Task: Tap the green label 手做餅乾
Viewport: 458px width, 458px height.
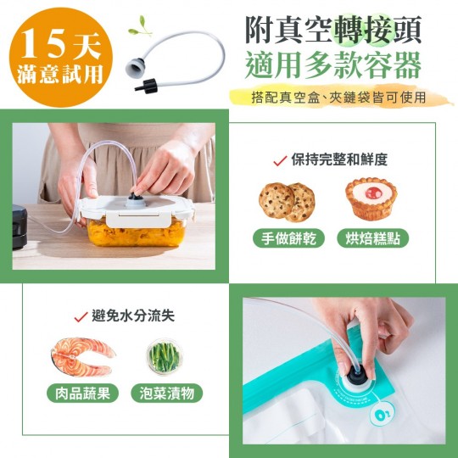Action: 288,238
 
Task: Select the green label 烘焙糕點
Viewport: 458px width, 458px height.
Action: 372,238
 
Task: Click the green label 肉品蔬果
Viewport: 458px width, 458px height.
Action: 82,393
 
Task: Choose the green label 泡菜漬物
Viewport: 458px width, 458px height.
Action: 167,393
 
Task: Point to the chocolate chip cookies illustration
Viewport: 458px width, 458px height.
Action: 287,202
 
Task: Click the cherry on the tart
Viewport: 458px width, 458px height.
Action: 373,193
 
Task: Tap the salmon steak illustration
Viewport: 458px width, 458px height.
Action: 82,356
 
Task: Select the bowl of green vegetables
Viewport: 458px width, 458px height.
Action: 165,356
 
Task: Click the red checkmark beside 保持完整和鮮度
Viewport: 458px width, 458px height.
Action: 280,161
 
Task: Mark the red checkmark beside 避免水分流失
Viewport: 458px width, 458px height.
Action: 81,316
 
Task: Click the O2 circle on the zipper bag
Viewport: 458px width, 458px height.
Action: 382,415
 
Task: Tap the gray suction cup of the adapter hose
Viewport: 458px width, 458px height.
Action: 135,68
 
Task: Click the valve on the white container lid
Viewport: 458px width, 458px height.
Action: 135,200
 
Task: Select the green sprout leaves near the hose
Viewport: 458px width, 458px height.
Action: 141,26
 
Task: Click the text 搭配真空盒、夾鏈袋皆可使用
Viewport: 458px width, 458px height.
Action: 338,98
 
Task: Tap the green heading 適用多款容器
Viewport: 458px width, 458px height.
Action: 333,65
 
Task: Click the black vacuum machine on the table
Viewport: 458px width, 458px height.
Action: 20,226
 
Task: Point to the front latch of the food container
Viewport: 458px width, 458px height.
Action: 138,219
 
